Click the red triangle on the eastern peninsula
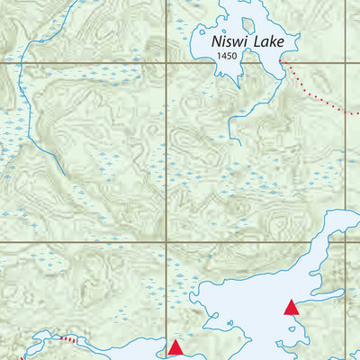(x=291, y=308)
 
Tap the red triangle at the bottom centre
(x=176, y=346)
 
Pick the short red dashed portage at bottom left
(x=69, y=339)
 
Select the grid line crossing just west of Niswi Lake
(x=167, y=64)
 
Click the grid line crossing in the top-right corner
(x=346, y=64)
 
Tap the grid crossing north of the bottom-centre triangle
(x=167, y=242)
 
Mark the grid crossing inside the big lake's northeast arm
(x=346, y=242)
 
